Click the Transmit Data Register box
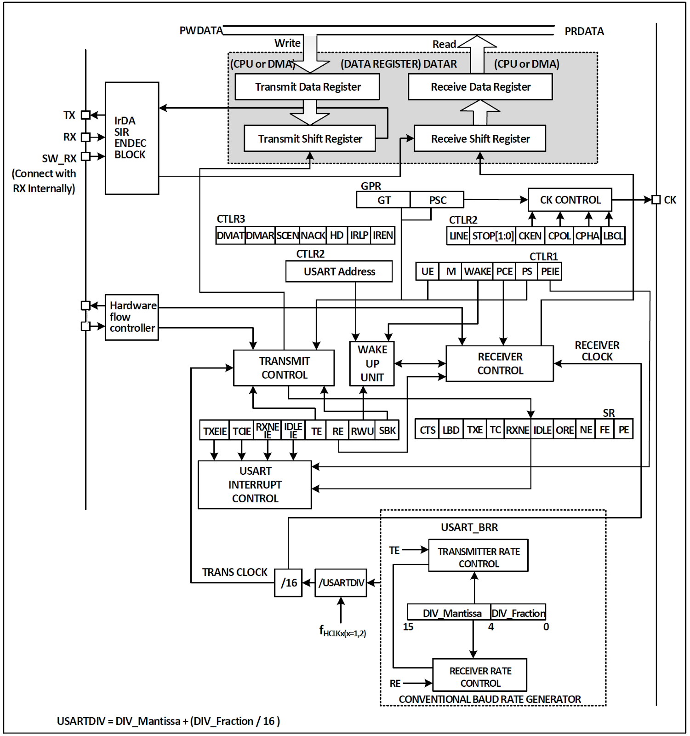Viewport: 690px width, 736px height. tap(307, 87)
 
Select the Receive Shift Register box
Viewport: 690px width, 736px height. tap(480, 138)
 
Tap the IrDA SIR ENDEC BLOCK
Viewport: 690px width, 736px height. tap(132, 138)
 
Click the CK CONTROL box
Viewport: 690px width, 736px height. tap(570, 200)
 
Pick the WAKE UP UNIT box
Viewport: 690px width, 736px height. tap(372, 363)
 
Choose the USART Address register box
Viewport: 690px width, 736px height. tap(339, 271)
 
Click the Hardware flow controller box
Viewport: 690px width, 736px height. tap(132, 317)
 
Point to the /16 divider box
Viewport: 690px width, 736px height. tap(288, 583)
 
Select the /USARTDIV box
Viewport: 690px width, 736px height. tap(341, 583)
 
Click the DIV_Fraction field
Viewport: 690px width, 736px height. tap(518, 613)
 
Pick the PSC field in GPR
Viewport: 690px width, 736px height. tap(437, 200)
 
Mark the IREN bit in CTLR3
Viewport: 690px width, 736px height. tap(382, 236)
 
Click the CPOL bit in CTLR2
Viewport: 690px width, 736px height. tap(559, 236)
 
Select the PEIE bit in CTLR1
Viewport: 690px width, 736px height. tap(550, 271)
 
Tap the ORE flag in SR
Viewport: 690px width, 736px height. tap(565, 430)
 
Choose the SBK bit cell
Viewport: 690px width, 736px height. tap(387, 431)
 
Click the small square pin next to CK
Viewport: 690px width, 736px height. tap(656, 200)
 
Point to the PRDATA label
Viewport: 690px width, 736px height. tap(584, 31)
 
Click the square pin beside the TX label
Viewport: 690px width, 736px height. tap(86, 115)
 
